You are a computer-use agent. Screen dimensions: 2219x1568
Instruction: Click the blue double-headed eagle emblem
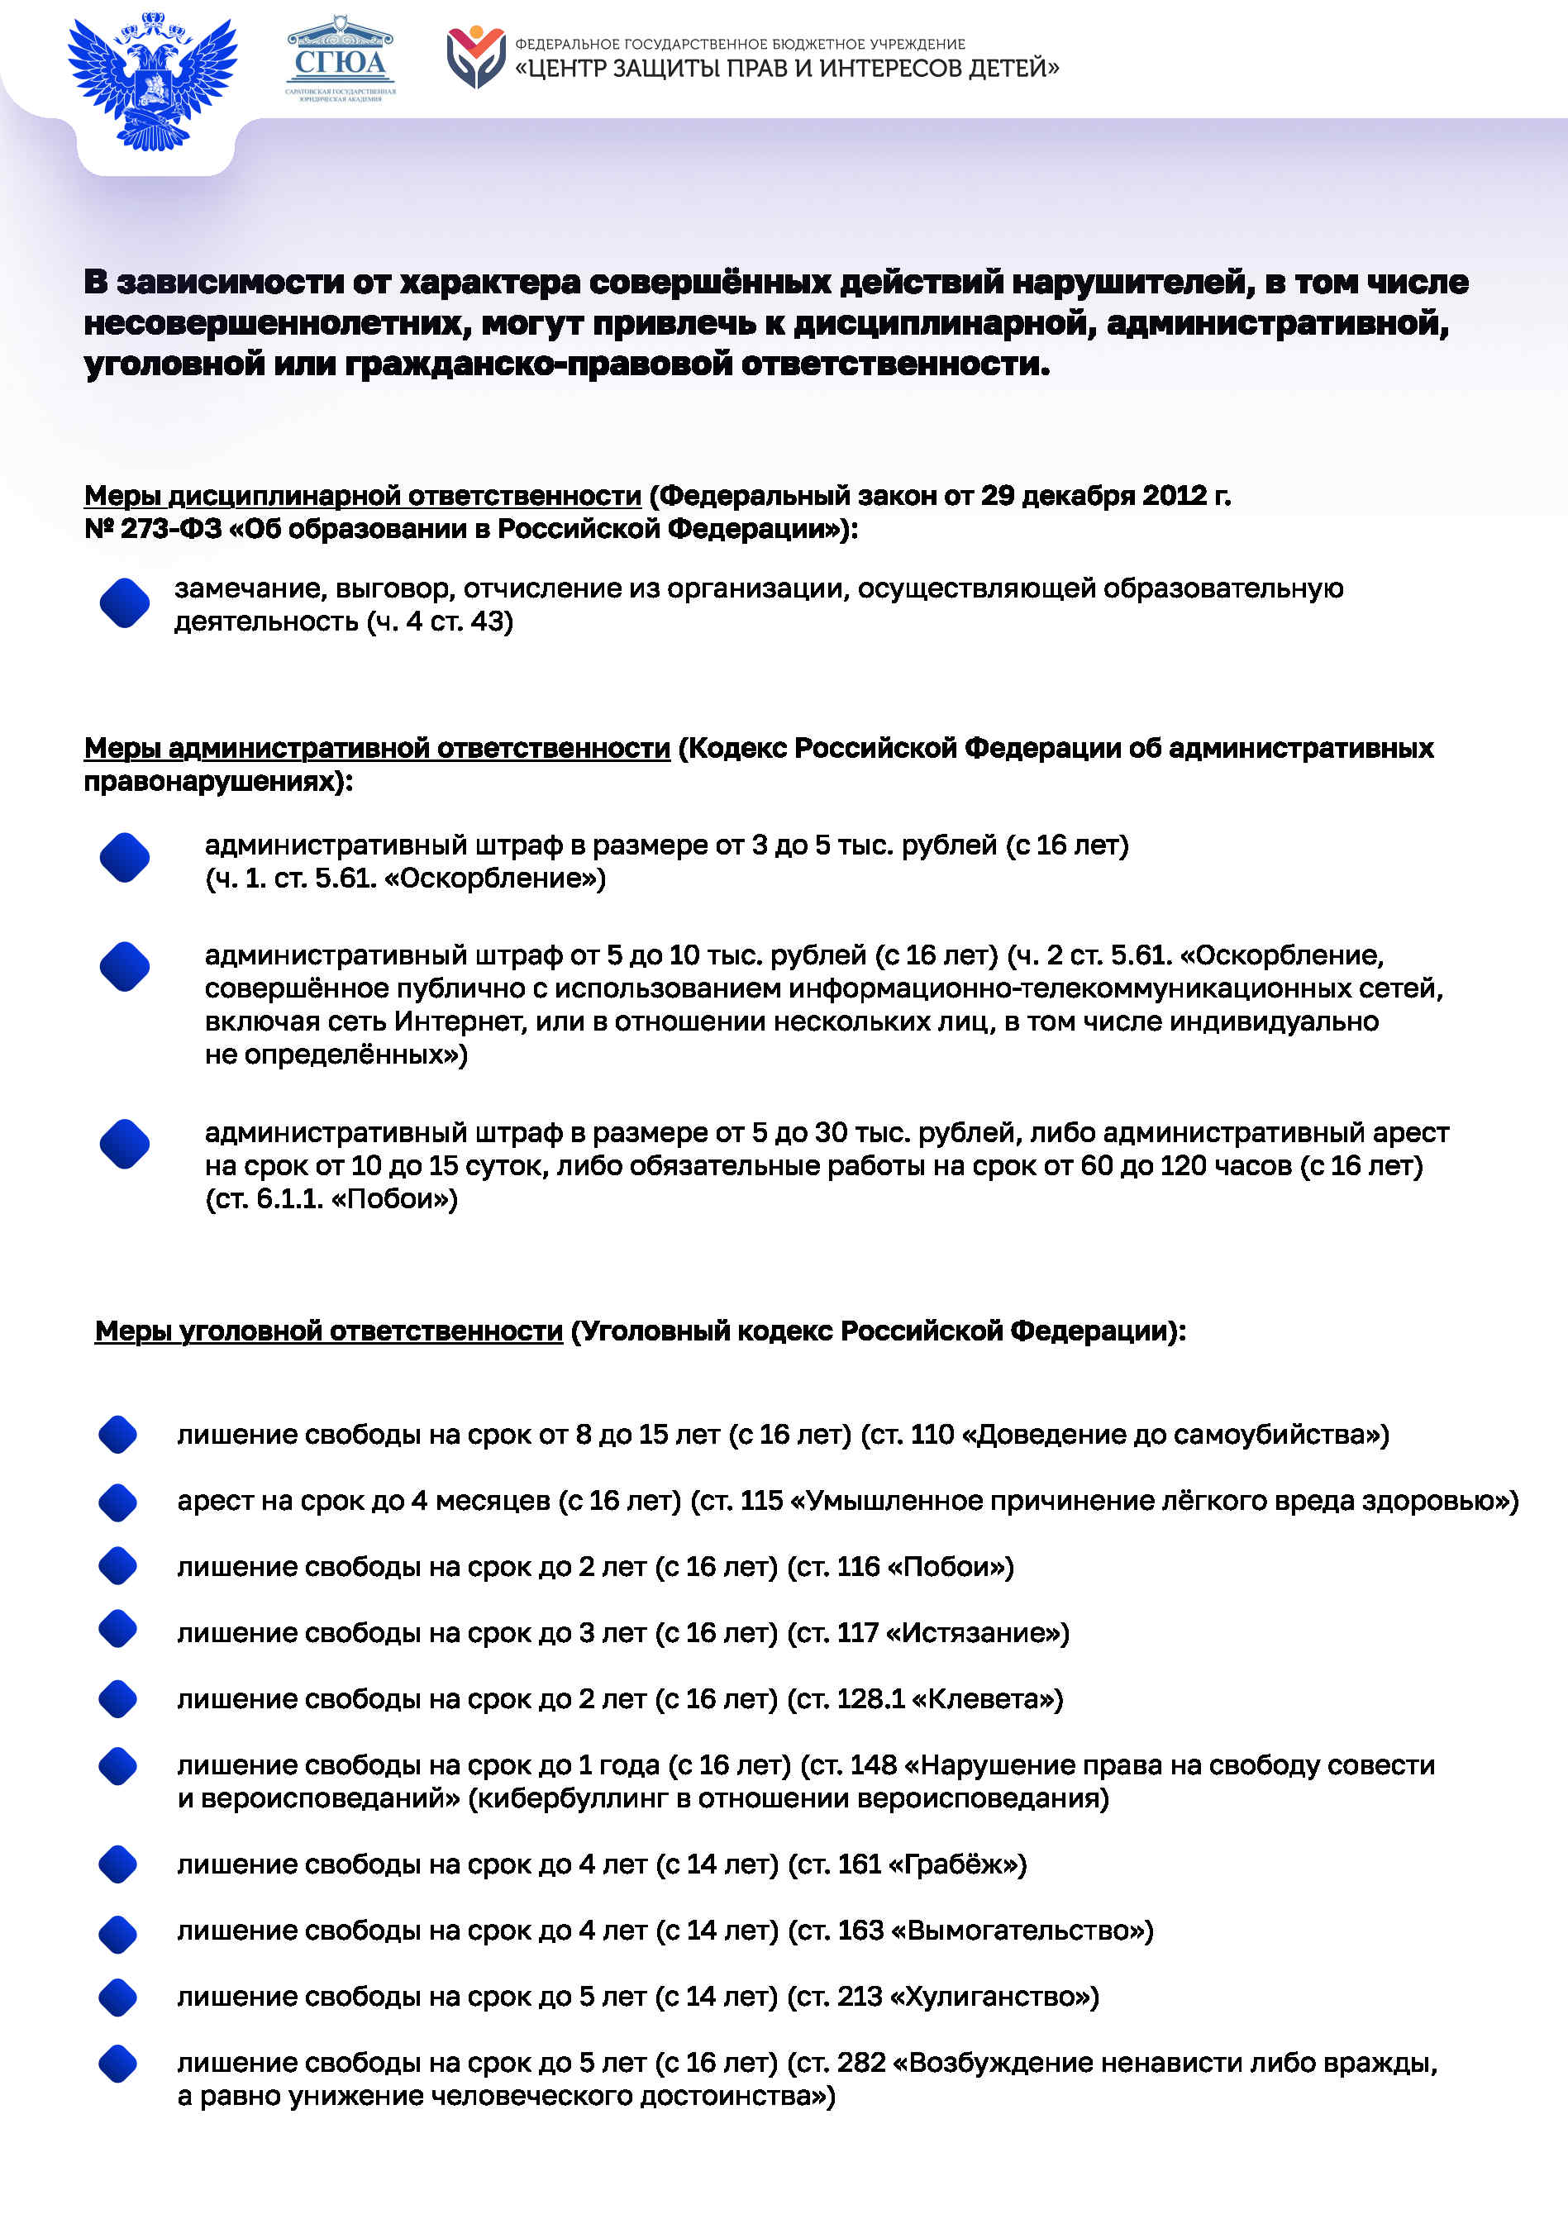click(x=153, y=81)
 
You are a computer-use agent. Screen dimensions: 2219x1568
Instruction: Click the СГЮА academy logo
click(x=341, y=60)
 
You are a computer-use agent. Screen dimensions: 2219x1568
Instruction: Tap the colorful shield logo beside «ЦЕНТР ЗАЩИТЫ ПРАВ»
click(x=475, y=57)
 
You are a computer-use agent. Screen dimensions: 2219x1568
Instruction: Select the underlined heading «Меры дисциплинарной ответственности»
click(x=363, y=496)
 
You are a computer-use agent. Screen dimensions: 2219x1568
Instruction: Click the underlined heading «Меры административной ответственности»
click(x=377, y=748)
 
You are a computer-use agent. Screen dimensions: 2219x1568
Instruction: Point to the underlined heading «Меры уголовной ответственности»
click(x=329, y=1331)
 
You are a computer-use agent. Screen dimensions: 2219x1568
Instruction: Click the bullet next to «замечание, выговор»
click(x=125, y=603)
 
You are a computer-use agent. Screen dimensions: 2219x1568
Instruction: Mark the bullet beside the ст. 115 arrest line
click(x=118, y=1502)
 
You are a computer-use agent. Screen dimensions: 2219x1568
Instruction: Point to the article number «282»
click(x=861, y=2063)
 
